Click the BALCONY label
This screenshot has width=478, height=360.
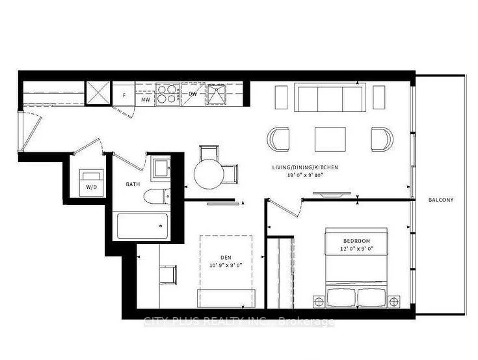[x=441, y=200]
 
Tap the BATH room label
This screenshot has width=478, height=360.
[x=133, y=184]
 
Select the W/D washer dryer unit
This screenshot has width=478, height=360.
[x=91, y=182]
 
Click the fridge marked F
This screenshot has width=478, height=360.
[x=124, y=95]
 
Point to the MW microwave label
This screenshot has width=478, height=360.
[x=146, y=100]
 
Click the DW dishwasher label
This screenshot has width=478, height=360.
[x=193, y=94]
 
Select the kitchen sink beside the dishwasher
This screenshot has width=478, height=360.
[x=216, y=94]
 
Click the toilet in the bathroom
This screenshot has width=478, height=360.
[x=157, y=197]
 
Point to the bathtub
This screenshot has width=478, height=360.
[x=142, y=226]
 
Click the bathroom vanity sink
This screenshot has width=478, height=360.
[x=161, y=168]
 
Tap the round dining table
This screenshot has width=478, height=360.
[x=209, y=174]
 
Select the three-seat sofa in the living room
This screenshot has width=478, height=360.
[x=330, y=97]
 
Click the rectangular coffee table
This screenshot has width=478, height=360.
[x=330, y=139]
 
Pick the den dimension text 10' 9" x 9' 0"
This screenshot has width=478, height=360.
[x=226, y=265]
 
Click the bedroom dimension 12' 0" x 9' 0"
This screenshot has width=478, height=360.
[x=357, y=249]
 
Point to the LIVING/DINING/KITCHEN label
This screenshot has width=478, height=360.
[x=305, y=167]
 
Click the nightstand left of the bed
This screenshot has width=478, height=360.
[x=319, y=301]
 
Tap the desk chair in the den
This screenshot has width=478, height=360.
[x=168, y=274]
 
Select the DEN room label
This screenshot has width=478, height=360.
[x=226, y=258]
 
